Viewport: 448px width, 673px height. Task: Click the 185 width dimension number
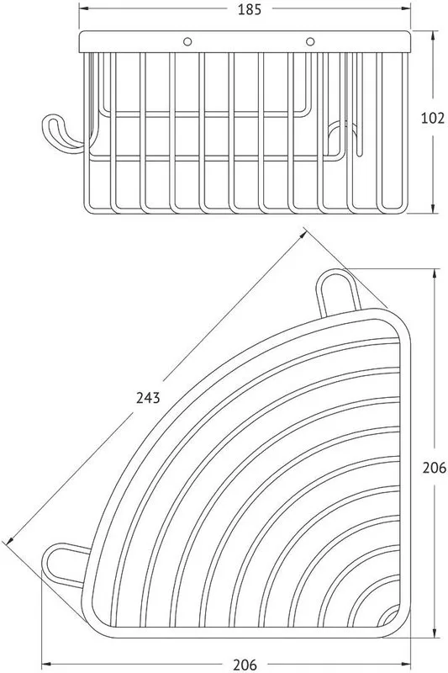(x=250, y=9)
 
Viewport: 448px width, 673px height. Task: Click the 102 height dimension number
(x=433, y=118)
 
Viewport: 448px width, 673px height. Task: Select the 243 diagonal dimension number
(x=148, y=398)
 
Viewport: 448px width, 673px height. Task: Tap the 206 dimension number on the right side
(x=435, y=468)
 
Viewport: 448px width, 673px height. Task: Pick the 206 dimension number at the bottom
(x=245, y=665)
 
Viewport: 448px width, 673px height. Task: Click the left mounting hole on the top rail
(x=187, y=41)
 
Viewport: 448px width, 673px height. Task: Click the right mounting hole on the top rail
(x=310, y=41)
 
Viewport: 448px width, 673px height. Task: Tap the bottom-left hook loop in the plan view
(x=66, y=564)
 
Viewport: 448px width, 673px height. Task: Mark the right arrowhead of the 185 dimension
(x=406, y=8)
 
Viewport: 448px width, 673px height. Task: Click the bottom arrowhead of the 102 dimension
(x=434, y=208)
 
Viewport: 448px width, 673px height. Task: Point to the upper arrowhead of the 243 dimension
(x=303, y=236)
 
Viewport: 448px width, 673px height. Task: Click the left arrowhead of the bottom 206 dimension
(x=47, y=665)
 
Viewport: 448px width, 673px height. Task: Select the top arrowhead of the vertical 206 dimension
(x=435, y=275)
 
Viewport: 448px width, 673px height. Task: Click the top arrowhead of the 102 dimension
(x=434, y=36)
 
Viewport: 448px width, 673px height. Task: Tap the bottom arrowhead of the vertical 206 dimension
(x=435, y=633)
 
